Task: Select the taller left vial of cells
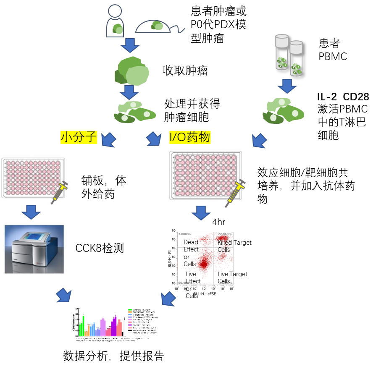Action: (x=281, y=52)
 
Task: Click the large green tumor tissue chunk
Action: (x=132, y=71)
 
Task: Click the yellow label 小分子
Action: (x=79, y=137)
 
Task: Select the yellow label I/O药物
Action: (x=190, y=137)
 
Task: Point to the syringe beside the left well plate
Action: (x=60, y=192)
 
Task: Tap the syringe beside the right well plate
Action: (x=235, y=193)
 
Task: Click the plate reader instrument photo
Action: (x=34, y=249)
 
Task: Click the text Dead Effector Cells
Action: (x=191, y=253)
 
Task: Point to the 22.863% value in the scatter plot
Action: (x=225, y=234)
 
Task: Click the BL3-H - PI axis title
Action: (x=170, y=258)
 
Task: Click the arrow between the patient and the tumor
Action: (x=130, y=45)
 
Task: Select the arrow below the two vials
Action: (x=287, y=86)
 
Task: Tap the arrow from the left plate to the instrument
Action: (x=31, y=212)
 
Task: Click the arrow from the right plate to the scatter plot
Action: (x=201, y=213)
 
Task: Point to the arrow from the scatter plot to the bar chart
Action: (x=168, y=298)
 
